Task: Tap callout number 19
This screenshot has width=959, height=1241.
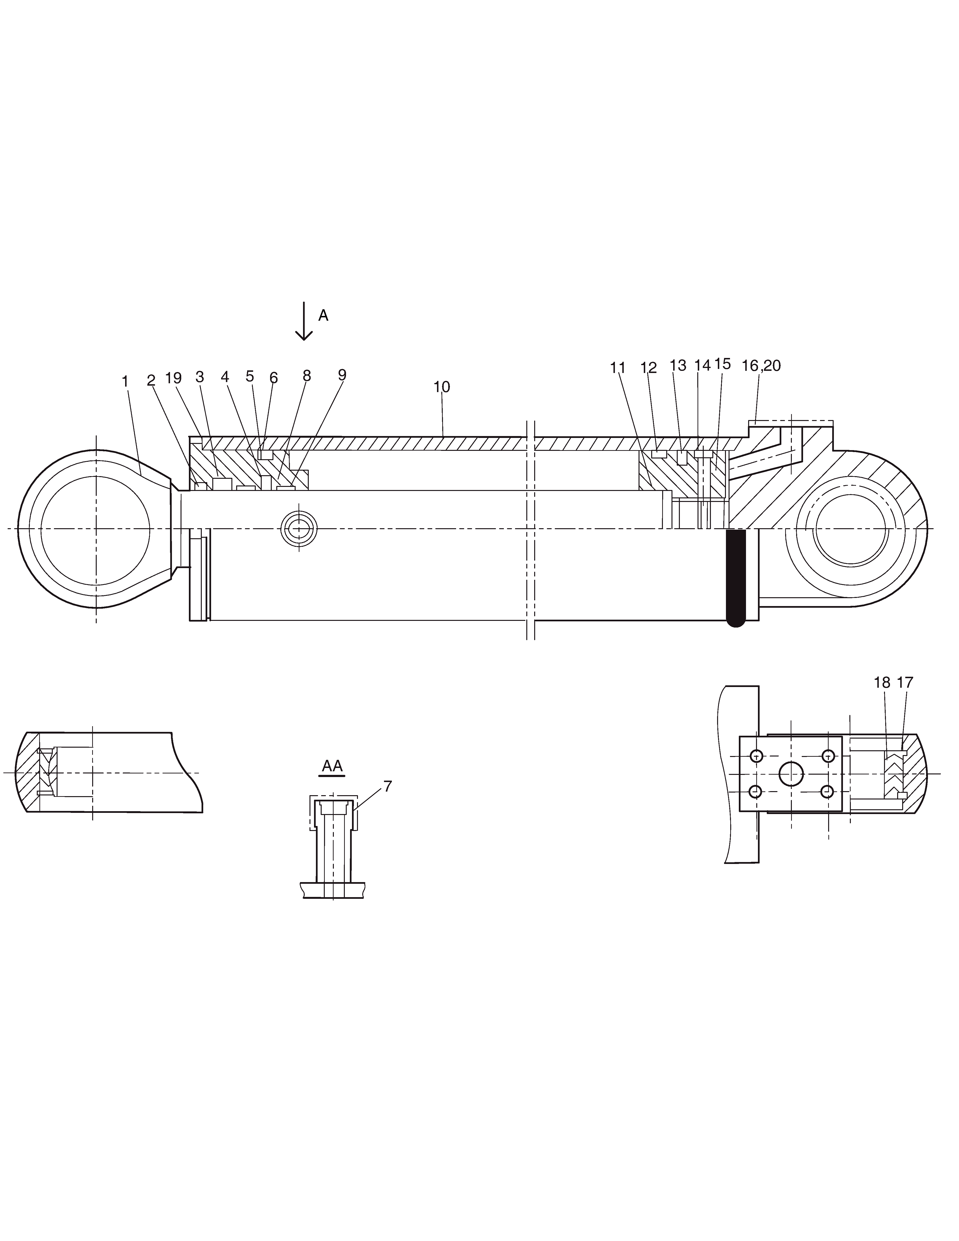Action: coord(173,378)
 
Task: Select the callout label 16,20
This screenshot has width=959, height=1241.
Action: coord(761,366)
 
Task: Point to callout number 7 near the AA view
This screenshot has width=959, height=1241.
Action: coord(388,786)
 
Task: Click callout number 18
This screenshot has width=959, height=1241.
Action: coord(882,682)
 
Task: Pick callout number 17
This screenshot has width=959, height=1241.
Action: coord(905,682)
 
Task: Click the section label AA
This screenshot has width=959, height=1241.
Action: coord(332,766)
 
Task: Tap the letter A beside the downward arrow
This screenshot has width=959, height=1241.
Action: coord(323,315)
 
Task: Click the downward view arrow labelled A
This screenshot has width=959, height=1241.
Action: coord(304,321)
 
